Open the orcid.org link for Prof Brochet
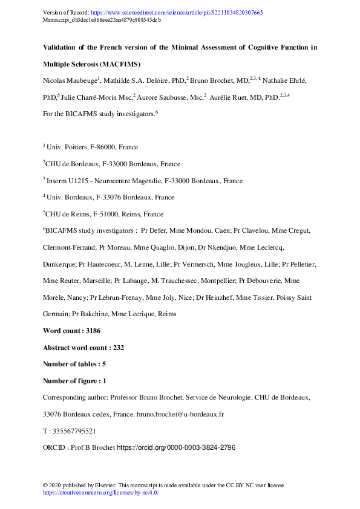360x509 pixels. [175, 449]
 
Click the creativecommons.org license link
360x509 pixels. [100, 493]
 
